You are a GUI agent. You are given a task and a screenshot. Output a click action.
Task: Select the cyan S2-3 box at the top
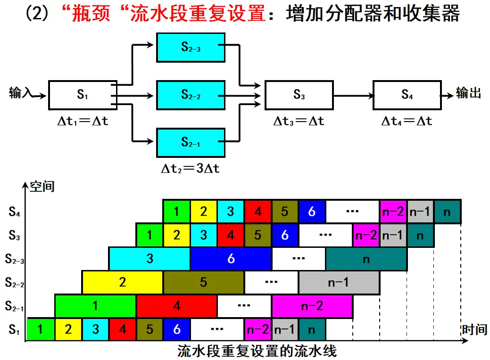coord(191,48)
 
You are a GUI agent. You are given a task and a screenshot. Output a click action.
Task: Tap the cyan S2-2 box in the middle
coord(191,95)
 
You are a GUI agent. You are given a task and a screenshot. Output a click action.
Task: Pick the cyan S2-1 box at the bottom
coord(191,143)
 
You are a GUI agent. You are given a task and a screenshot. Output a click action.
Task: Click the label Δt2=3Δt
coord(191,169)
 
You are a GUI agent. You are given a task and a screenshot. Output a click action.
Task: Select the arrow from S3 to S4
coord(353,95)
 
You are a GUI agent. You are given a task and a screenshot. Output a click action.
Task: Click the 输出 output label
coord(468,93)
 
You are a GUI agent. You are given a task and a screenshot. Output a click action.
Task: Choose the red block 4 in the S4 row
coord(258,212)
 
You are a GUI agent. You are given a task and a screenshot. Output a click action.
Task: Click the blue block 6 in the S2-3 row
coord(231,259)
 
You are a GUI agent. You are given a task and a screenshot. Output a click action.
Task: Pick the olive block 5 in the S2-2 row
coord(203,282)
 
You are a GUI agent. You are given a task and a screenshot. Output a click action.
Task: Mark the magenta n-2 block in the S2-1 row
coord(312,306)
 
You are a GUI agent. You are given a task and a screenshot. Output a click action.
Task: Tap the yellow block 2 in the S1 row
coord(68,329)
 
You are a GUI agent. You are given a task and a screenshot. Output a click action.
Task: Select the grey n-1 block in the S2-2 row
coord(339,282)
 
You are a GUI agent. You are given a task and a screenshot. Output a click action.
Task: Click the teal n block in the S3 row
coord(420,235)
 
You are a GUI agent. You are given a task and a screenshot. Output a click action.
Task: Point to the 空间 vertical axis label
coord(42,187)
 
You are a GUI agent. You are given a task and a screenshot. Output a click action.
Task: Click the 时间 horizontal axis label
coord(475,329)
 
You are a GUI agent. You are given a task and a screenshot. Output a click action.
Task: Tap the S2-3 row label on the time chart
coord(14,259)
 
